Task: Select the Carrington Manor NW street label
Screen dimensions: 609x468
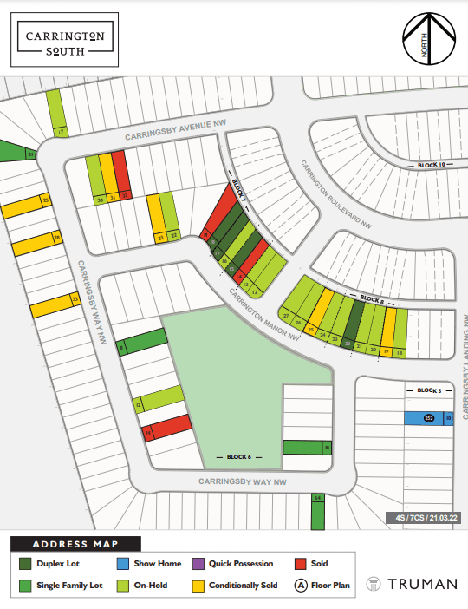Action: coord(263,307)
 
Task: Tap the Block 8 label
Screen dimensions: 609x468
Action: coord(371,298)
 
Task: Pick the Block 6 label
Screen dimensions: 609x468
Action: coord(238,456)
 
